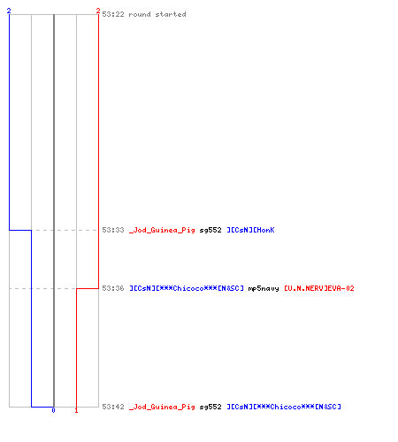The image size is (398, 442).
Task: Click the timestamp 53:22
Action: (x=113, y=14)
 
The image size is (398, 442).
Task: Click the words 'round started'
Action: (x=157, y=14)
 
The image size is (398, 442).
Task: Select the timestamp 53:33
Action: (x=113, y=230)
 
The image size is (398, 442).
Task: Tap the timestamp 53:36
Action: (x=113, y=288)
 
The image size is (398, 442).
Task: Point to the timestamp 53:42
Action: (x=113, y=407)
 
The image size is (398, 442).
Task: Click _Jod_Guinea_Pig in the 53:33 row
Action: (x=162, y=230)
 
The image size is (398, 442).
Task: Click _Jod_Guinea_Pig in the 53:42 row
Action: (x=162, y=407)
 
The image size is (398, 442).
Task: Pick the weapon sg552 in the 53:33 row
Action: (x=210, y=230)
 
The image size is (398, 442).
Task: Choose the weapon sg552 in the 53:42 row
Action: (x=210, y=407)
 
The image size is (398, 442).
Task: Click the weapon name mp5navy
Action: (x=264, y=288)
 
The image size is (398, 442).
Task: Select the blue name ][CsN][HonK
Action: (x=250, y=230)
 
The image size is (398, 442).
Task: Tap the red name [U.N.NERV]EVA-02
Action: (x=319, y=288)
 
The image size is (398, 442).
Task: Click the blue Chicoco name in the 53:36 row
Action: (x=187, y=288)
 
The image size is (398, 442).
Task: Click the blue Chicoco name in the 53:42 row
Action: (x=284, y=407)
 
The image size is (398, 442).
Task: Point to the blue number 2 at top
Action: (x=9, y=11)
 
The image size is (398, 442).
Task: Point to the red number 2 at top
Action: (x=98, y=11)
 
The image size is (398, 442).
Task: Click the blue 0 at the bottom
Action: (x=53, y=410)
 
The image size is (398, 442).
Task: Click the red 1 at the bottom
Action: (x=76, y=410)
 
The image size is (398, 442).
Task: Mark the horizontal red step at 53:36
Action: (x=88, y=288)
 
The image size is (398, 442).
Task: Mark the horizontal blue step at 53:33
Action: (x=20, y=230)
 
